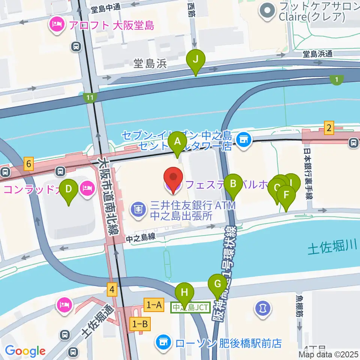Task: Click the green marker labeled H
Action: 184,293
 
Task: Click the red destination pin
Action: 174,178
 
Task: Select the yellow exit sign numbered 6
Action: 29,164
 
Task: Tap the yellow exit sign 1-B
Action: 140,324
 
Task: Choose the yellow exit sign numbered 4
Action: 112,289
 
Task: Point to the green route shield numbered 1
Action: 337,79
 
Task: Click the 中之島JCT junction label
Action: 190,307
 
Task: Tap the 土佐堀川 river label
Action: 331,247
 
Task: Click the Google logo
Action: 25,351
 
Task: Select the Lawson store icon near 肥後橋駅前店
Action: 163,342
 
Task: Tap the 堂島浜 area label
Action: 150,64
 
